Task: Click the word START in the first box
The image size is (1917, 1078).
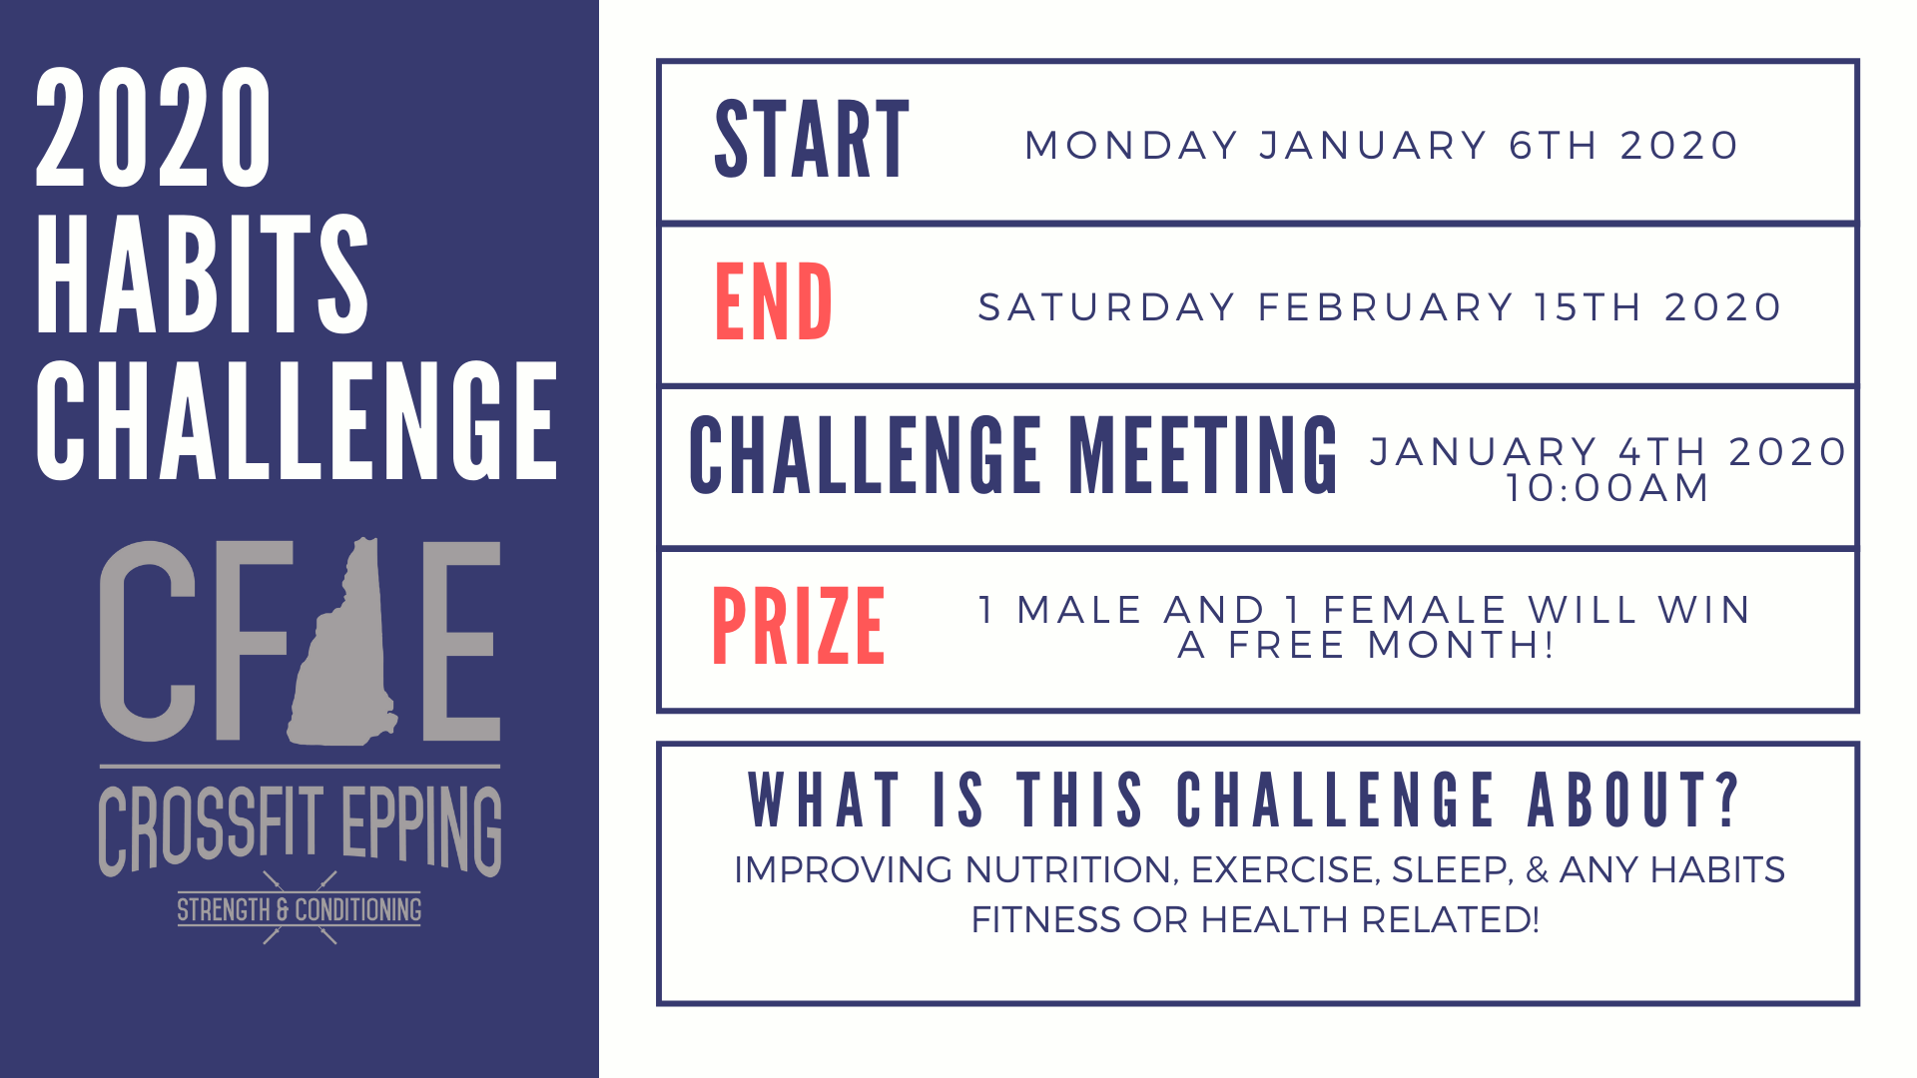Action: [812, 140]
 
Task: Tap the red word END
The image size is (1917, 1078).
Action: [773, 301]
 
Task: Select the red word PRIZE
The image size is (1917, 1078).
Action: [798, 626]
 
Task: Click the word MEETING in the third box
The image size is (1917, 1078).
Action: [1203, 455]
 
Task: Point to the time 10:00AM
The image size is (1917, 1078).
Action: [1607, 488]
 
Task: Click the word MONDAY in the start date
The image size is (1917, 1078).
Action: [1131, 146]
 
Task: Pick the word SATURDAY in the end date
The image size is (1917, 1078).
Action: [1107, 307]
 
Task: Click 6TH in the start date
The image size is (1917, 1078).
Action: [1554, 146]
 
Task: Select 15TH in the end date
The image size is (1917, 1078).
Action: [1588, 307]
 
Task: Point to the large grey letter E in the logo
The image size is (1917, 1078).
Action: [461, 641]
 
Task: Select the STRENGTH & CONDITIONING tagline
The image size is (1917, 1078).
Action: [300, 909]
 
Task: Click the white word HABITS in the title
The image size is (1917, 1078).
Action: [203, 273]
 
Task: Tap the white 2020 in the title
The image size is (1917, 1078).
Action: [153, 127]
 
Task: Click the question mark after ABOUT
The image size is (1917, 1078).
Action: [1727, 800]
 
